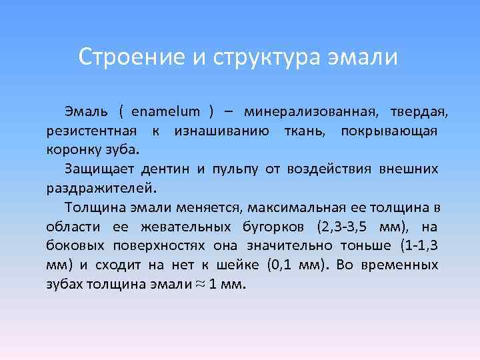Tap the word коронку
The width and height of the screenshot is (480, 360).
tap(71, 148)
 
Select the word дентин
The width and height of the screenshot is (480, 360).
tap(167, 168)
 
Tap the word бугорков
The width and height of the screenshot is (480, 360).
tap(263, 226)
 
